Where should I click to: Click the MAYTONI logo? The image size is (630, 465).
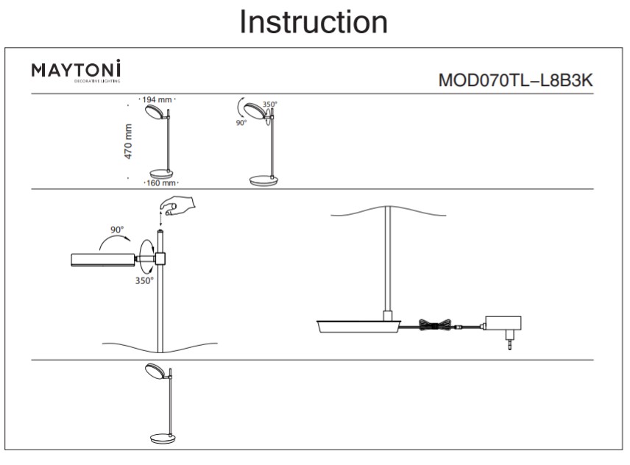coord(76,71)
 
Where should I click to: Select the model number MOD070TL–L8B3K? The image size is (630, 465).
coord(514,80)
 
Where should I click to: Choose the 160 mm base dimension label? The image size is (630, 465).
coord(159,182)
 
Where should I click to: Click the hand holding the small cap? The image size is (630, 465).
coord(181,205)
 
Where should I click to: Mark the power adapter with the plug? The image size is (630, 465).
coord(502,324)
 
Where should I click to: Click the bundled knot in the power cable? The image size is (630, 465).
coord(432,324)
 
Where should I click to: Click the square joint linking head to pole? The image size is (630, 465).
coord(161,258)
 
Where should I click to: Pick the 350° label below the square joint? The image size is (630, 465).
coord(144,280)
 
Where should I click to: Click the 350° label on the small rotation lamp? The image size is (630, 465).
coord(270,104)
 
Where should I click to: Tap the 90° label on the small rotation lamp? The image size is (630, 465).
coord(241,124)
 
